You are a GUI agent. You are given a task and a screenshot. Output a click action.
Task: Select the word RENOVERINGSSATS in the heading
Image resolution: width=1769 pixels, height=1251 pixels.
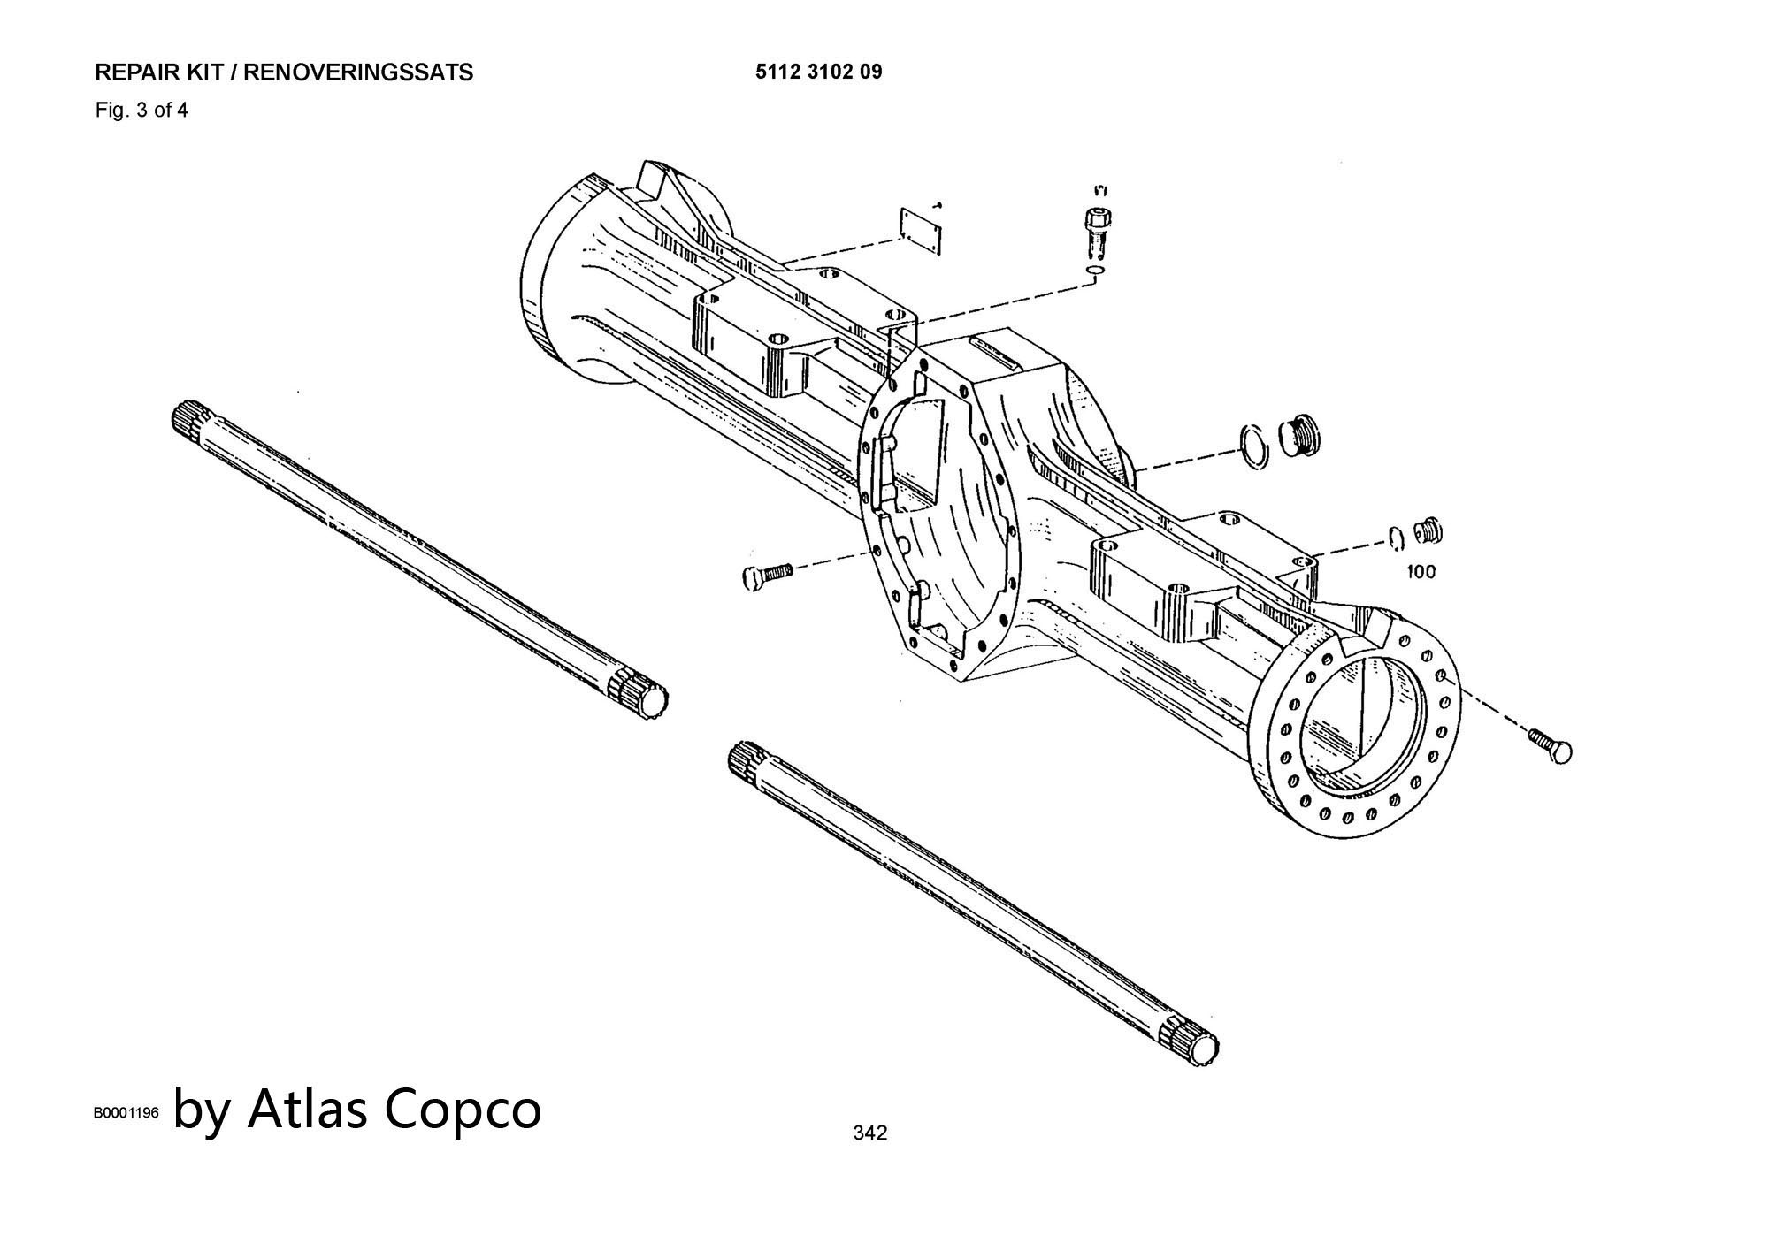tap(357, 72)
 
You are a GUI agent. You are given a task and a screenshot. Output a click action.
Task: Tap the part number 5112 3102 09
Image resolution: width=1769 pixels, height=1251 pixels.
tap(818, 72)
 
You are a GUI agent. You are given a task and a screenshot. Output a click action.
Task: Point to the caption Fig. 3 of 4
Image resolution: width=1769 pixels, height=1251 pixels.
tap(142, 111)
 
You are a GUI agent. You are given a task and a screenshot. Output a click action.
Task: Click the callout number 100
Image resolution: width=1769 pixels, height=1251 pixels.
tap(1421, 572)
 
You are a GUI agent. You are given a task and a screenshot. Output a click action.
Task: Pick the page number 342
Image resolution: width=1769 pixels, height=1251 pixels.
tap(869, 1133)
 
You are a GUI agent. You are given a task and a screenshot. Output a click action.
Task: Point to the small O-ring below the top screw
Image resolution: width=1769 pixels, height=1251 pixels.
tap(1095, 270)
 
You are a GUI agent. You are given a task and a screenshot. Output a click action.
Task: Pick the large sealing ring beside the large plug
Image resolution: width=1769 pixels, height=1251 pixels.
tap(1253, 445)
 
